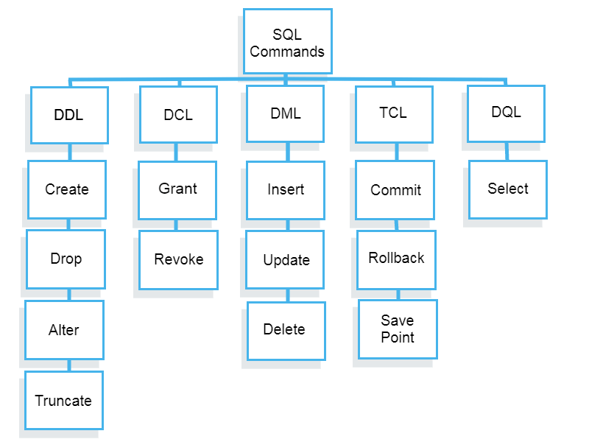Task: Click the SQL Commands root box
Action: pyautogui.click(x=287, y=42)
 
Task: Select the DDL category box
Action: pyautogui.click(x=69, y=115)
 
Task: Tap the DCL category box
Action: pyautogui.click(x=178, y=114)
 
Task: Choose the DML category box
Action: pyautogui.click(x=286, y=113)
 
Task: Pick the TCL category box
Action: pyautogui.click(x=394, y=114)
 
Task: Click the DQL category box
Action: pyautogui.click(x=506, y=113)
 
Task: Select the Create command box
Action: pyautogui.click(x=67, y=189)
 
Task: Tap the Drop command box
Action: pyautogui.click(x=66, y=259)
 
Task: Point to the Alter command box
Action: pyautogui.click(x=64, y=330)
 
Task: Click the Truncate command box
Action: pyautogui.click(x=64, y=401)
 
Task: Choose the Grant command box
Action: pyautogui.click(x=177, y=189)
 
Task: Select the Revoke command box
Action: pyautogui.click(x=179, y=260)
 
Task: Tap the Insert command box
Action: pyautogui.click(x=286, y=190)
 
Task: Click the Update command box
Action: pyautogui.click(x=286, y=260)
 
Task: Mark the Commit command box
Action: pyautogui.click(x=395, y=190)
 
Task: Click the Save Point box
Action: pyautogui.click(x=398, y=329)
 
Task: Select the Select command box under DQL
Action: pyautogui.click(x=508, y=189)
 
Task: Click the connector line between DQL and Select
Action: pyautogui.click(x=507, y=151)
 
